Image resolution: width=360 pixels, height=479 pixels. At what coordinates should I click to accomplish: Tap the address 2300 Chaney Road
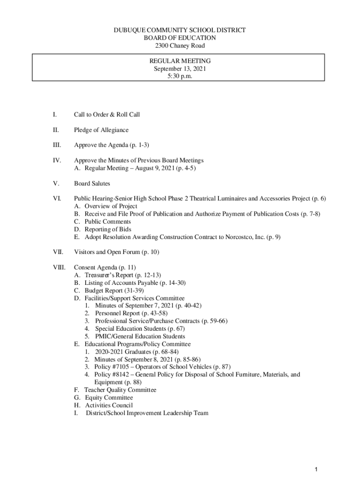click(x=180, y=45)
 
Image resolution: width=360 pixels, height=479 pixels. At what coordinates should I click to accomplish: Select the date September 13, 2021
click(x=180, y=69)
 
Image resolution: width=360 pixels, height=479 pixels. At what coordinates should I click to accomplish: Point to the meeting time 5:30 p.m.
click(x=180, y=76)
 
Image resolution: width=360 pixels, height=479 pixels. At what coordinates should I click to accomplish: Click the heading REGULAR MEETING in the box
click(x=180, y=61)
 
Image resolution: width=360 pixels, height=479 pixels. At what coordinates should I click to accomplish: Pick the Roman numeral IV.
click(x=57, y=160)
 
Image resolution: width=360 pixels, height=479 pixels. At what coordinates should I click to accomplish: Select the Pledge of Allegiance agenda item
click(x=101, y=130)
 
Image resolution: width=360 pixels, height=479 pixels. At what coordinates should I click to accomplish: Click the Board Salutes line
click(x=92, y=183)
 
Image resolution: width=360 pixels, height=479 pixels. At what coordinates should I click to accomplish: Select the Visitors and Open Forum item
click(x=116, y=252)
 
